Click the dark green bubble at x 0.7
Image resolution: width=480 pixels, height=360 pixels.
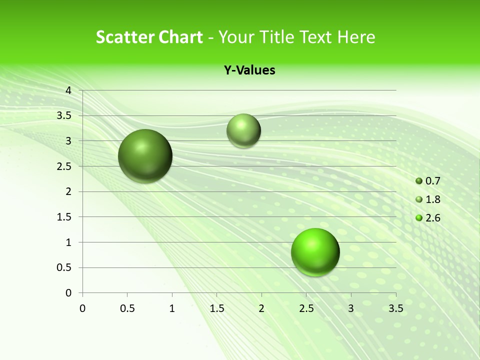[145, 156]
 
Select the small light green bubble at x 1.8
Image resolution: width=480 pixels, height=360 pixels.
[243, 130]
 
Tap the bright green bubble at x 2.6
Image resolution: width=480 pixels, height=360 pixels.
[315, 252]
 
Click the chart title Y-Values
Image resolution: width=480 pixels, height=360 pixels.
[249, 70]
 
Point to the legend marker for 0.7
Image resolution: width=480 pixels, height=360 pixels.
[419, 181]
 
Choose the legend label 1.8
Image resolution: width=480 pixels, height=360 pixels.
[433, 199]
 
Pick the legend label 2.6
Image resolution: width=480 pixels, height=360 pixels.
[433, 218]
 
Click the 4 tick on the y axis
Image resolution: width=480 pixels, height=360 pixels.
[68, 90]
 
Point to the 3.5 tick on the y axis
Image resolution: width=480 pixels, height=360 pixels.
[64, 115]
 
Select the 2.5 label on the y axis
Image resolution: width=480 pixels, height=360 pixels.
[64, 166]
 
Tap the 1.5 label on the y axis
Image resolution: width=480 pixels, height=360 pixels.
[64, 217]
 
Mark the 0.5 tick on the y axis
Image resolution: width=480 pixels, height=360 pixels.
[64, 267]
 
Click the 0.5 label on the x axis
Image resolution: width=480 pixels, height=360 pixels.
[127, 308]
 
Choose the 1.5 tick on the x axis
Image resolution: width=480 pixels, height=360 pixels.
[216, 308]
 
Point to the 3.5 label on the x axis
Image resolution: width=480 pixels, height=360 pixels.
[395, 308]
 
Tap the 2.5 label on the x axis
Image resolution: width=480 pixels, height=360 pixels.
[306, 308]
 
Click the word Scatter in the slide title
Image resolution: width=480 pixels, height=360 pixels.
[124, 37]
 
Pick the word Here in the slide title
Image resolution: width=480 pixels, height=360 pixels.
[356, 37]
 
